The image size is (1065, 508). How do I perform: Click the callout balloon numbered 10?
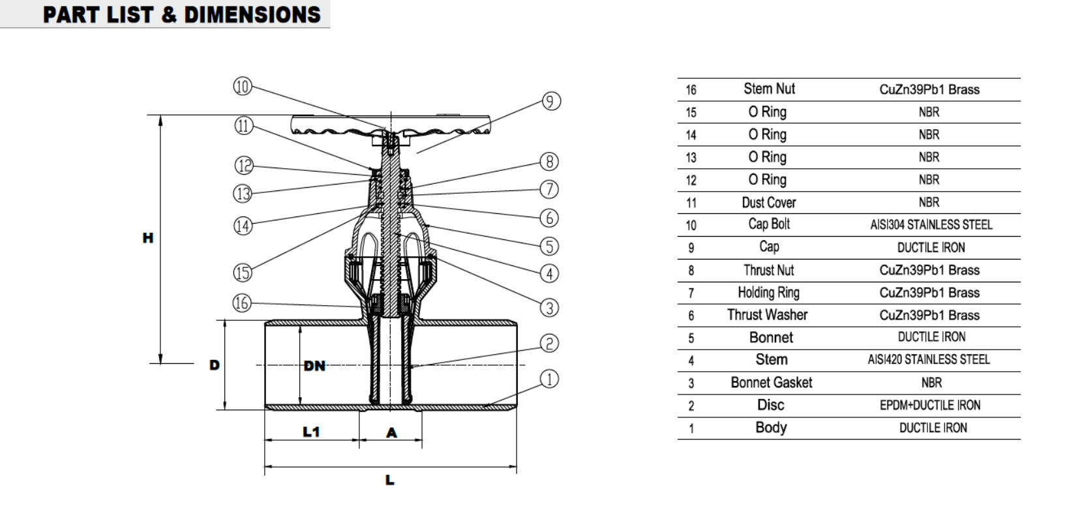[243, 87]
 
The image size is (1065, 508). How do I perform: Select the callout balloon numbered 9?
[551, 102]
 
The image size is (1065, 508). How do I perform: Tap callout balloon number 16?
[242, 303]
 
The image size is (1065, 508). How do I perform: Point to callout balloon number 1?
[550, 379]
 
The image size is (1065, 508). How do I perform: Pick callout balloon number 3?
[550, 307]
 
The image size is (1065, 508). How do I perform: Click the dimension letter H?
[148, 238]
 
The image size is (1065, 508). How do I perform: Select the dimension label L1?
[311, 432]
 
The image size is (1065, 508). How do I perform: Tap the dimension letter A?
[391, 433]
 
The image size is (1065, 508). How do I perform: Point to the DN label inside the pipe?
[314, 366]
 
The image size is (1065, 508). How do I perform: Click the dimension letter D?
[215, 365]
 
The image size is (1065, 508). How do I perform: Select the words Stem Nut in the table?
[769, 89]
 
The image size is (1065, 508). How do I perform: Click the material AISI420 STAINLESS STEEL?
[929, 359]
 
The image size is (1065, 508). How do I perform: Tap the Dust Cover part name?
[769, 203]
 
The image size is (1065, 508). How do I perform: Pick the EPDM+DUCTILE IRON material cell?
[929, 405]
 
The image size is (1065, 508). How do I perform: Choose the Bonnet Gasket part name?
[771, 383]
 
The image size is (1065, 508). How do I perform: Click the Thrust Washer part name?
[767, 315]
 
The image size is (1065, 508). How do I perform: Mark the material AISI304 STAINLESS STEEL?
[931, 225]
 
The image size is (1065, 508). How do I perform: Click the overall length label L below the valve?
[390, 481]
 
